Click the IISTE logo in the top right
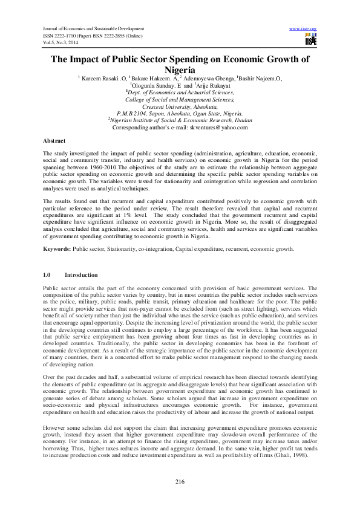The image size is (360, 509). coord(309,40)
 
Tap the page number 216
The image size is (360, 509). coord(180,481)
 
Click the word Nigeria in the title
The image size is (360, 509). coord(180,70)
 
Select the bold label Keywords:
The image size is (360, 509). coord(60,248)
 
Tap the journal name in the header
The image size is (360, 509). coord(94,28)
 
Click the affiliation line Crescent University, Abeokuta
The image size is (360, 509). coord(179,106)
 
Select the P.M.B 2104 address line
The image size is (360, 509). coord(180,113)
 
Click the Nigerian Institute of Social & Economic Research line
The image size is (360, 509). coord(180,120)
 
